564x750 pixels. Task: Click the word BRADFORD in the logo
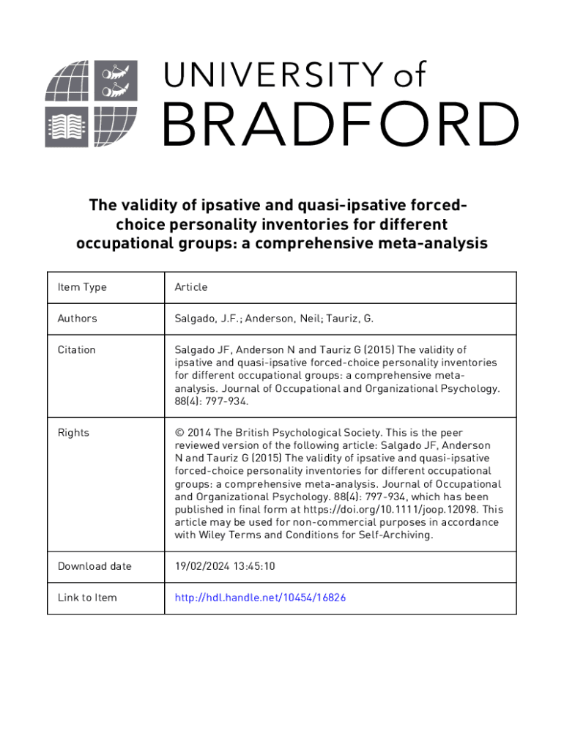pos(340,124)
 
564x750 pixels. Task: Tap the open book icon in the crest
pos(65,127)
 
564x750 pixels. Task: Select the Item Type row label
pos(81,287)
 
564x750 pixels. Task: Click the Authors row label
pos(77,319)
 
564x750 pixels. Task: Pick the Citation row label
pos(76,350)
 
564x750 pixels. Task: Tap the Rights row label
pos(73,433)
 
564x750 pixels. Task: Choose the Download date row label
pos(94,566)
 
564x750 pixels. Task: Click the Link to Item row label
pos(87,598)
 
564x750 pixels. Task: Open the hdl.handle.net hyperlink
pos(260,598)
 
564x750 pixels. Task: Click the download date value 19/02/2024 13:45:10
pos(225,566)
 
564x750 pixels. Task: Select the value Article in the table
pos(191,287)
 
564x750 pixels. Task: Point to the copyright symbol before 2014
pos(179,433)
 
